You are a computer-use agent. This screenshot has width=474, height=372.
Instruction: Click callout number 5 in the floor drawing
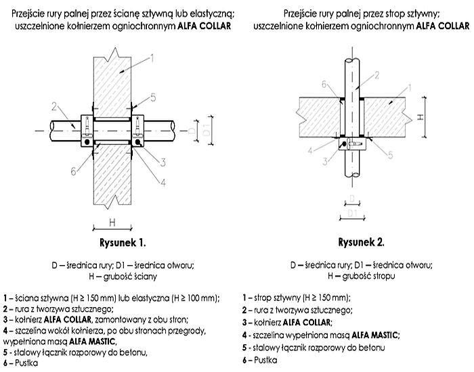click(x=393, y=156)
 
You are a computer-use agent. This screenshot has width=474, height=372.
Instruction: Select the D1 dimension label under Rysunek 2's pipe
click(x=352, y=214)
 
